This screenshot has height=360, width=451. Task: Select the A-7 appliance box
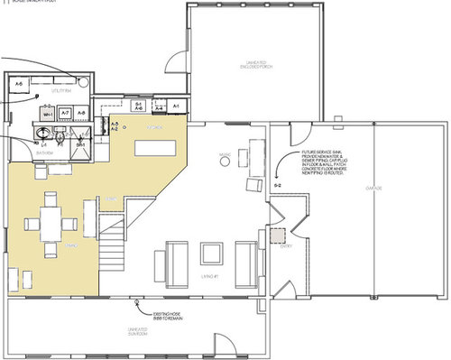[66, 114]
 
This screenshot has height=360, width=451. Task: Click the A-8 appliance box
[81, 113]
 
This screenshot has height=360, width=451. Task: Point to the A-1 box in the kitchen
[177, 107]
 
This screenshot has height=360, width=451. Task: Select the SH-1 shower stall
[80, 146]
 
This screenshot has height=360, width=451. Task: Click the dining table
[52, 222]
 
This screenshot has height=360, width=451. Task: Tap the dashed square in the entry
[280, 236]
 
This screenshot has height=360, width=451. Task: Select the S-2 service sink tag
[277, 185]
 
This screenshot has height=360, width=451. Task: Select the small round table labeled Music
[223, 160]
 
